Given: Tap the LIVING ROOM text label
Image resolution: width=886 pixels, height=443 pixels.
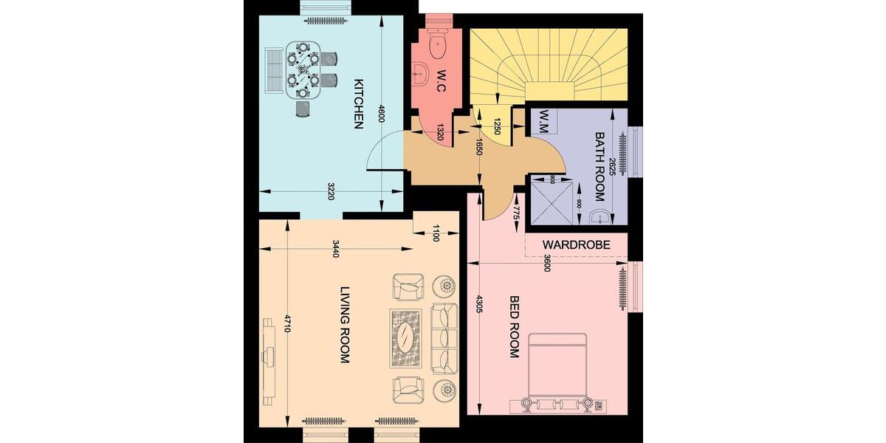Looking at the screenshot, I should [x=344, y=325].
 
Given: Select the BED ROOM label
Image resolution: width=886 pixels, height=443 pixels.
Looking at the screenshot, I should [x=515, y=327].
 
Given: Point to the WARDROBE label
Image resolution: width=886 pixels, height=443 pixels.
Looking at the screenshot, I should [x=576, y=244].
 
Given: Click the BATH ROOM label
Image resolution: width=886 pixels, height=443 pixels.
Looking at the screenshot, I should [x=600, y=167].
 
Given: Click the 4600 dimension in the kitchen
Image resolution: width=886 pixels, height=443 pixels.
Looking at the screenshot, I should [x=381, y=114].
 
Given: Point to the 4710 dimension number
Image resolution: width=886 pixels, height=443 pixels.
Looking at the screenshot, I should [x=288, y=325].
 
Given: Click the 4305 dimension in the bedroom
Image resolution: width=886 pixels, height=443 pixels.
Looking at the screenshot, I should [x=479, y=304].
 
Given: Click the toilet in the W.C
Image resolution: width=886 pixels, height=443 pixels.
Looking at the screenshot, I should [x=437, y=45].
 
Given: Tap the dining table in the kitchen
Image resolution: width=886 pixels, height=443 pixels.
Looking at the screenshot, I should [x=303, y=68].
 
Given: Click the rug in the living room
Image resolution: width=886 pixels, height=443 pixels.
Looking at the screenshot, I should [x=406, y=338].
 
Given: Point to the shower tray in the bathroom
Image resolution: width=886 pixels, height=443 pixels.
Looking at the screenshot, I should [x=551, y=201].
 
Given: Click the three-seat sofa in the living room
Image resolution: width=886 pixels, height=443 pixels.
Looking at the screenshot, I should [x=444, y=337].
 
